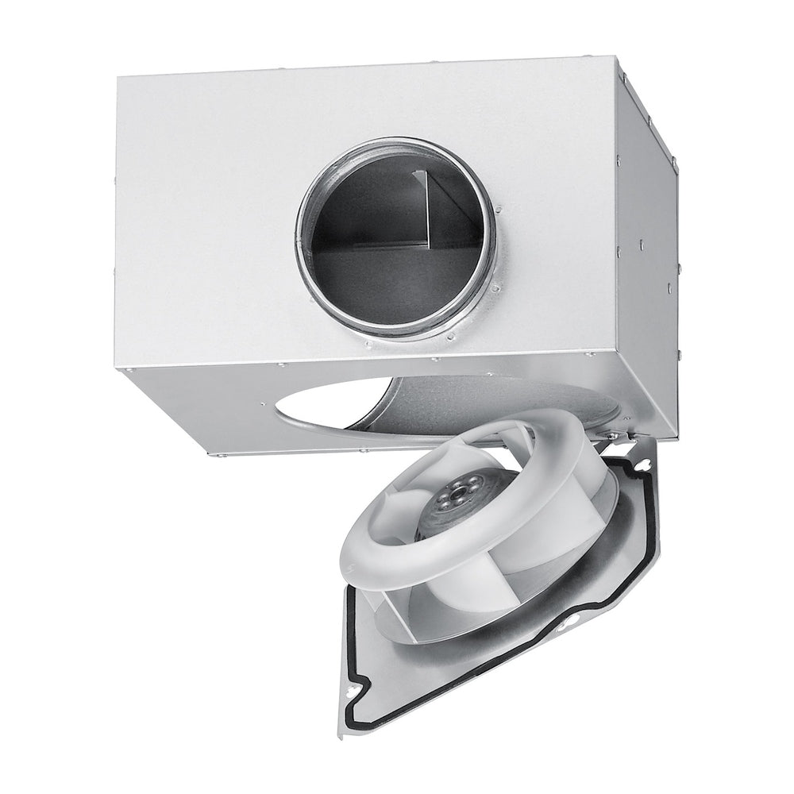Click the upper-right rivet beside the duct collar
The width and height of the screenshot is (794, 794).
coord(499,209)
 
